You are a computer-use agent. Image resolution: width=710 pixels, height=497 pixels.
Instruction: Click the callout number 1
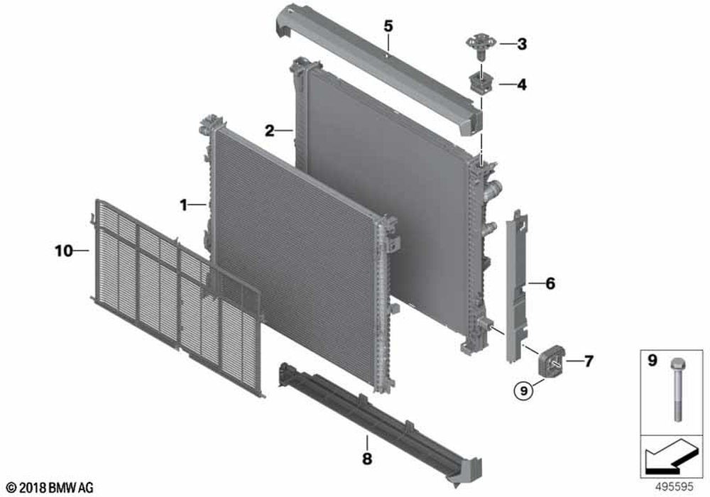click(x=183, y=205)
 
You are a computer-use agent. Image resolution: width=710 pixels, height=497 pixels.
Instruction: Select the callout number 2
click(x=270, y=131)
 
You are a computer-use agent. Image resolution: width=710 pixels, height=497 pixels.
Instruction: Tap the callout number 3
click(x=522, y=44)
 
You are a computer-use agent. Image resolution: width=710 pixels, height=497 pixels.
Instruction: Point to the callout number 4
click(x=522, y=84)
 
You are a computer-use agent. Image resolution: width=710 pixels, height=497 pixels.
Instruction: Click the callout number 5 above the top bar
click(x=388, y=26)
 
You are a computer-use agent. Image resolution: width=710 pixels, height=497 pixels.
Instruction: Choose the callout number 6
click(x=550, y=284)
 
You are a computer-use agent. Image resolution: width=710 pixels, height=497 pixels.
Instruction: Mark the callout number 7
click(x=588, y=361)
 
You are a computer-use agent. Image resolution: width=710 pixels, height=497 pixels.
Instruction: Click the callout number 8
click(x=367, y=459)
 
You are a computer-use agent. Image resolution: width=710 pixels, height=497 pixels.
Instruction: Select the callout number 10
click(x=63, y=251)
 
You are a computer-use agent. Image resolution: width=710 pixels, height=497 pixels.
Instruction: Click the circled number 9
click(x=524, y=390)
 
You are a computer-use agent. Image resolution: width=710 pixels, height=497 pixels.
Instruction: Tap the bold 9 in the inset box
click(x=652, y=361)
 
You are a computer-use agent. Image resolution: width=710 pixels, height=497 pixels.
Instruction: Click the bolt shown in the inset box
click(x=677, y=389)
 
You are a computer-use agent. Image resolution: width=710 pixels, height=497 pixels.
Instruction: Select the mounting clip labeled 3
click(x=481, y=46)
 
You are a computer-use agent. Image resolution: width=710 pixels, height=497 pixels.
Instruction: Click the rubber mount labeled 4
click(x=481, y=83)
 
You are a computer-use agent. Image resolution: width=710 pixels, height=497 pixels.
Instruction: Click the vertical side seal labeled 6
click(x=516, y=286)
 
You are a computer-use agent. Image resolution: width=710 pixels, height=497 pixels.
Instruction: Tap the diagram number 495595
click(x=674, y=487)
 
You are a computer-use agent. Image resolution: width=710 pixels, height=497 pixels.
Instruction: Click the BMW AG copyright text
click(x=50, y=488)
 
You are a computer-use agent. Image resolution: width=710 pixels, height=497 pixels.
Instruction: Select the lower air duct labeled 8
click(x=381, y=422)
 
